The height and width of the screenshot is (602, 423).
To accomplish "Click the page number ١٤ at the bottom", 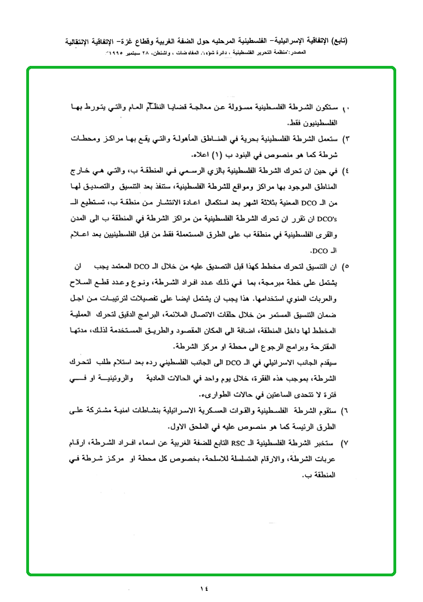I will (x=203, y=587).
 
